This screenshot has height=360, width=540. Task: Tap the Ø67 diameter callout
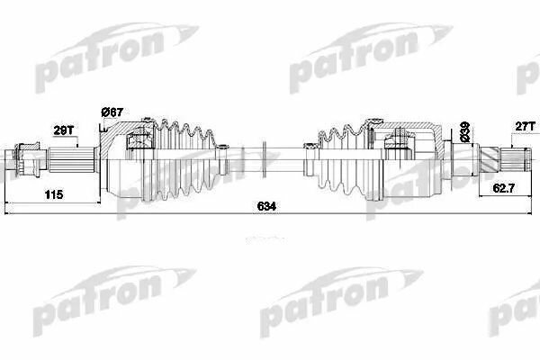coord(112,112)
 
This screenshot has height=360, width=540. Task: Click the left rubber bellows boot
coord(184,162)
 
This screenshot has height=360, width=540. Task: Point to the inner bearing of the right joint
coord(398,139)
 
